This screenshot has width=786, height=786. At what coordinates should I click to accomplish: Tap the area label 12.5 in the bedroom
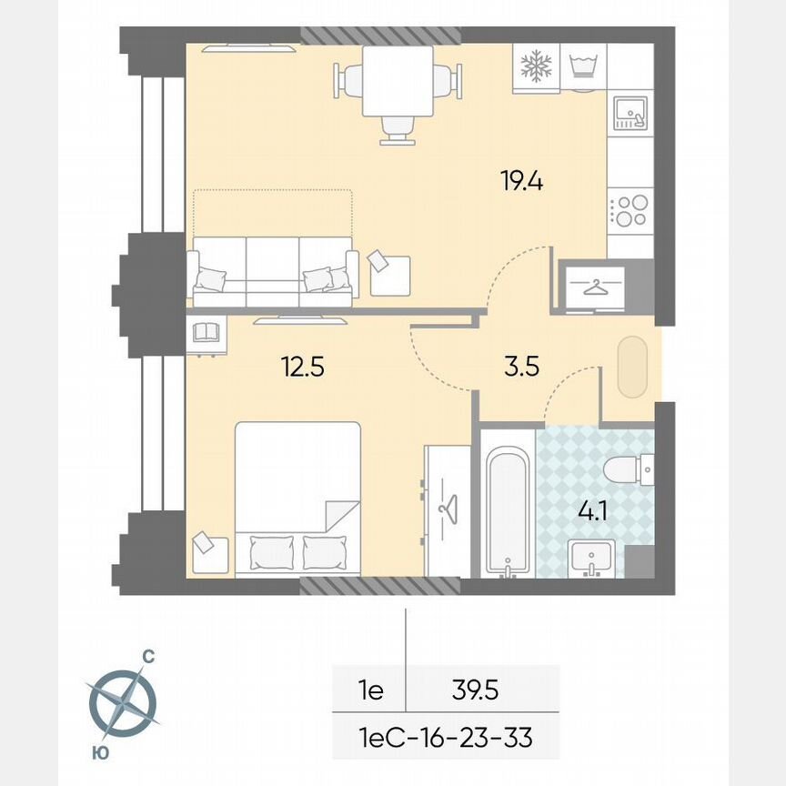coord(304,368)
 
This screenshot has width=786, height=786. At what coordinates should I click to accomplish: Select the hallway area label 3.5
coord(521,368)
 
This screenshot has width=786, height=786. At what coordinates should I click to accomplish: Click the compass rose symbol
coord(123,700)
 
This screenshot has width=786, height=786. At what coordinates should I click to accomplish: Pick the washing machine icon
coord(582,66)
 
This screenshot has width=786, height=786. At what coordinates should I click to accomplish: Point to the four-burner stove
coord(630,209)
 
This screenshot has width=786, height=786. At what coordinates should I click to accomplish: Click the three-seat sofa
coord(273,272)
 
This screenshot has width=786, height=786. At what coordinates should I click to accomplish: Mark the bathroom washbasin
coord(592,558)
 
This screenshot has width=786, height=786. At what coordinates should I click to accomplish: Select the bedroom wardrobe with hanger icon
coord(447,509)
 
